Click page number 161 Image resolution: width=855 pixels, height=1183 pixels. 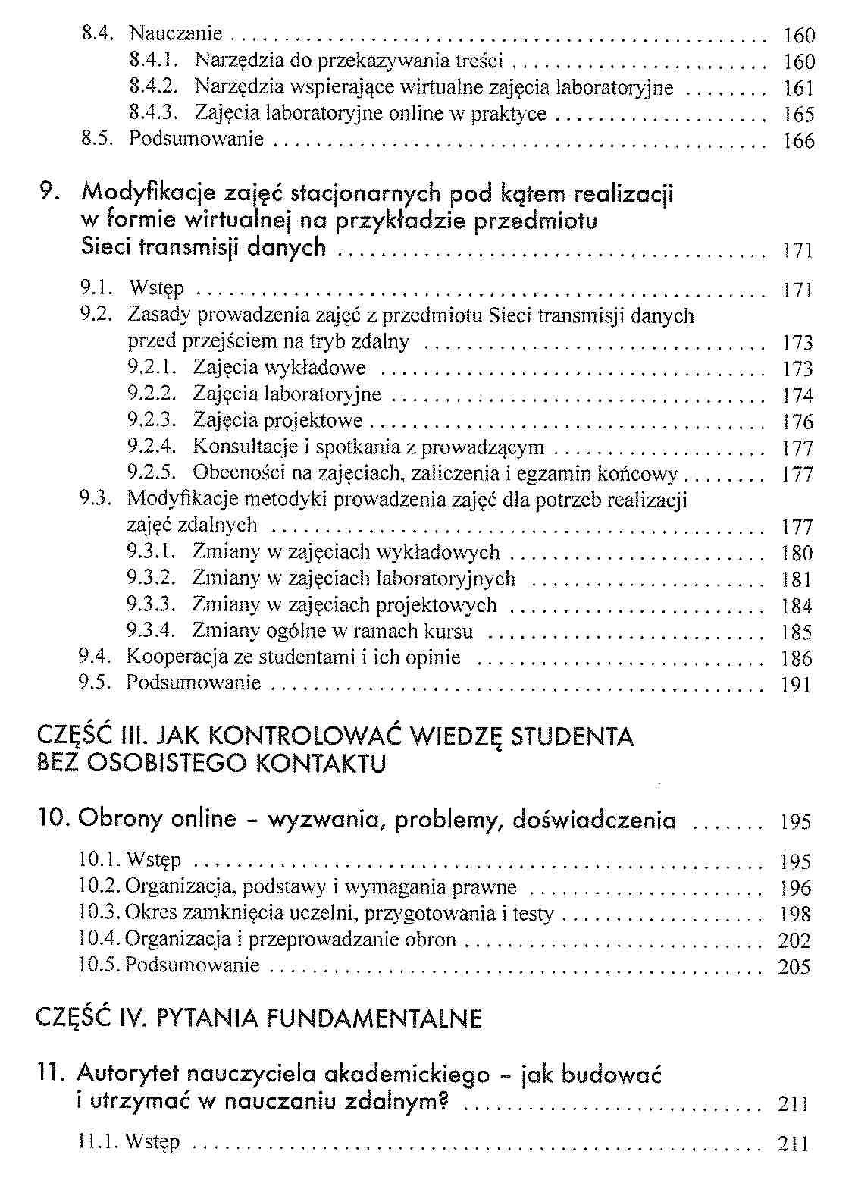(798, 89)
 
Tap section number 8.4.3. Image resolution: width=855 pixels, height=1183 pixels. (153, 113)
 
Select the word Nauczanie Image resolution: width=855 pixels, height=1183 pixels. (176, 34)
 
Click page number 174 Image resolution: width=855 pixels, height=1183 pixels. (797, 396)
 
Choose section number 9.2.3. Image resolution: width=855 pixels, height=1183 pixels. (152, 420)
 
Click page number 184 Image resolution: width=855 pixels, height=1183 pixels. (797, 607)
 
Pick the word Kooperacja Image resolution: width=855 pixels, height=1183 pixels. (180, 657)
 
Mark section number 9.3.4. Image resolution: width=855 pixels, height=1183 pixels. (151, 631)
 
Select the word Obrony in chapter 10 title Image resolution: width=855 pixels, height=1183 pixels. (120, 820)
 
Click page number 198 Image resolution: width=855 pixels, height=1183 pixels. (795, 915)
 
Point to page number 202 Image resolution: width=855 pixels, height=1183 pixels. (794, 941)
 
